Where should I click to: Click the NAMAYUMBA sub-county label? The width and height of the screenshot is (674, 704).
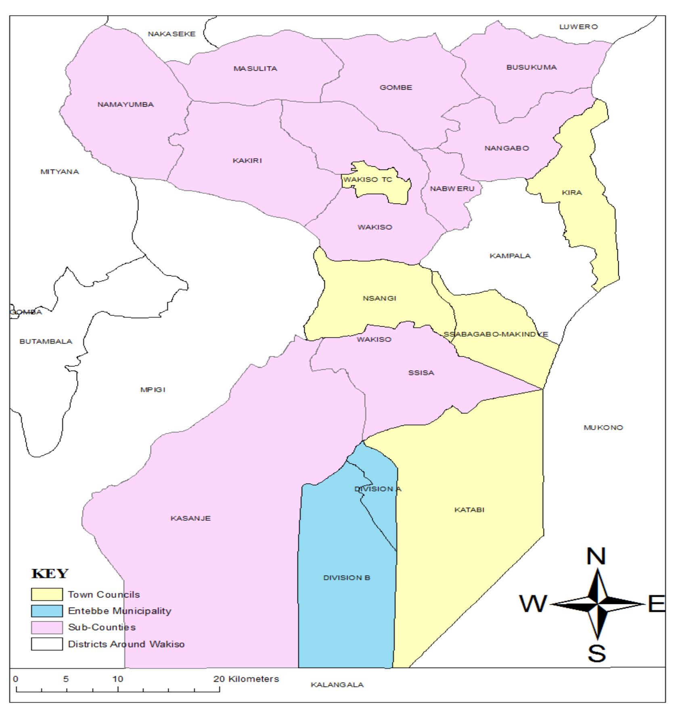[126, 105]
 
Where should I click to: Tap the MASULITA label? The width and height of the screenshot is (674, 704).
[255, 69]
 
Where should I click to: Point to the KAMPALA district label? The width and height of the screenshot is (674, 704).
[510, 256]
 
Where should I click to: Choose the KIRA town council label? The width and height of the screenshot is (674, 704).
[572, 193]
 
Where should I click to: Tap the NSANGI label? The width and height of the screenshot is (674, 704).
[379, 299]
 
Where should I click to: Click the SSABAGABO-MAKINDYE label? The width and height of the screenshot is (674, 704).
[496, 334]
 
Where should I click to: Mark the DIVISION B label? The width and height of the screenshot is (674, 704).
[347, 578]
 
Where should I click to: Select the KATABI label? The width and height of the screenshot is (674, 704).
[469, 510]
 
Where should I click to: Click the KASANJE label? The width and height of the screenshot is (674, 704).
[190, 518]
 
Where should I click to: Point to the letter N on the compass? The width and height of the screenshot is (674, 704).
[596, 557]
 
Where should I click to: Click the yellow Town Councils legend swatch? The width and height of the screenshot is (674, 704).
[47, 595]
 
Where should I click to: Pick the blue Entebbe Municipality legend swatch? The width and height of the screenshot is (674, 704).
[47, 611]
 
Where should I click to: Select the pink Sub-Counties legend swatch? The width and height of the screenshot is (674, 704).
[47, 628]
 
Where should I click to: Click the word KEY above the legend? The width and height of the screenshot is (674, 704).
[50, 574]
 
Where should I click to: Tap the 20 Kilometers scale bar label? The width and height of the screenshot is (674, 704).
[246, 679]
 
